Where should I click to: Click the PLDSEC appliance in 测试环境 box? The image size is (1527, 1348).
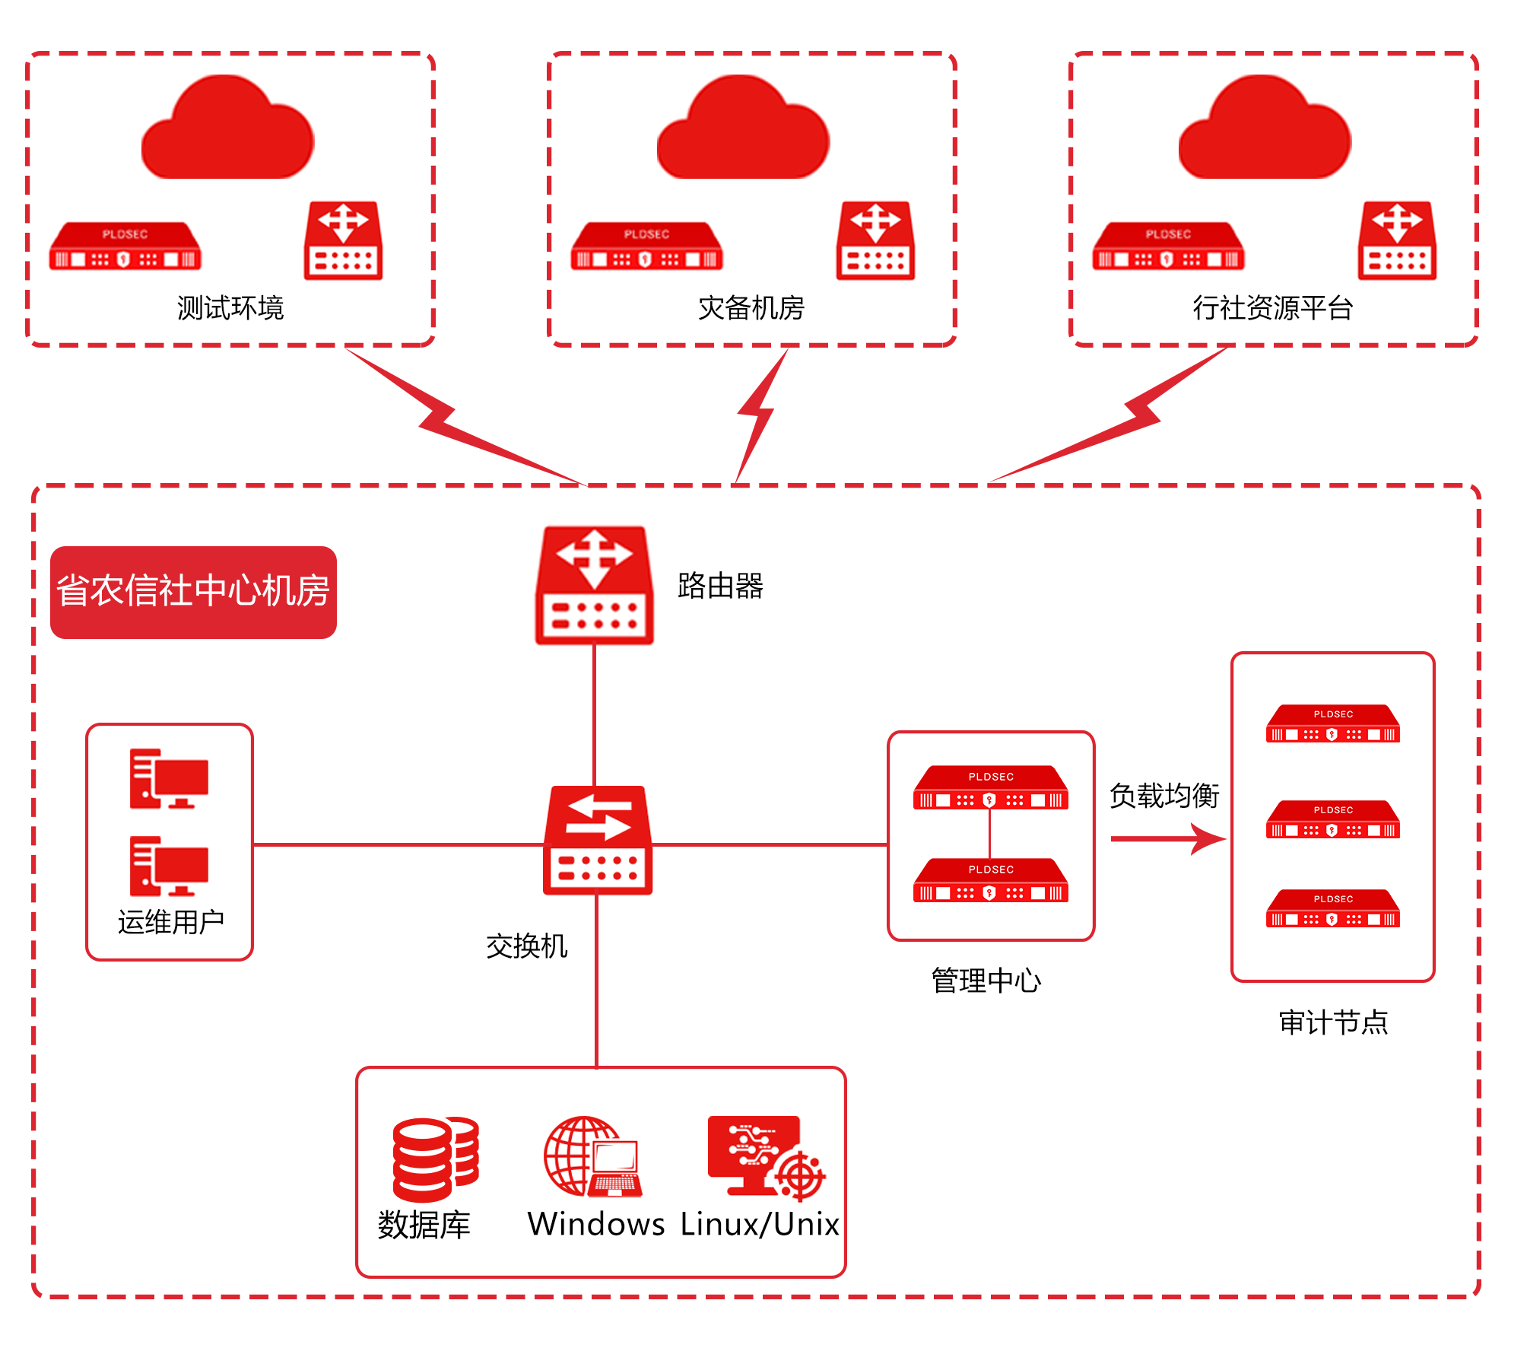[125, 246]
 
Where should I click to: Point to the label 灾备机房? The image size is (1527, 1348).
[751, 308]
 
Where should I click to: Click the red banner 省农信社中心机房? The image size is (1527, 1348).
[193, 592]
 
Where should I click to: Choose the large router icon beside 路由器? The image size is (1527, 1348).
[595, 585]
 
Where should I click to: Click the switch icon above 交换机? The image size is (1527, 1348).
[598, 840]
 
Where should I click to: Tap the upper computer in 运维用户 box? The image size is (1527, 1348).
[169, 778]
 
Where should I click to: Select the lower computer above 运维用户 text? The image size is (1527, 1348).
[169, 866]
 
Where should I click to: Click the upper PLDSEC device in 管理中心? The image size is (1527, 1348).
[990, 788]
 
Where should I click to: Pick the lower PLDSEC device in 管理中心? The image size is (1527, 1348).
[990, 881]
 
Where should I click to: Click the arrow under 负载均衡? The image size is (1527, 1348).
[1167, 839]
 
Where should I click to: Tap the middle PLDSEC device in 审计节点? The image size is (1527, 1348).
[1332, 819]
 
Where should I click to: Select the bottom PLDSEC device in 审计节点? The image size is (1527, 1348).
[1332, 908]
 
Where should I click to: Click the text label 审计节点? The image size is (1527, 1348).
[1333, 1022]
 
